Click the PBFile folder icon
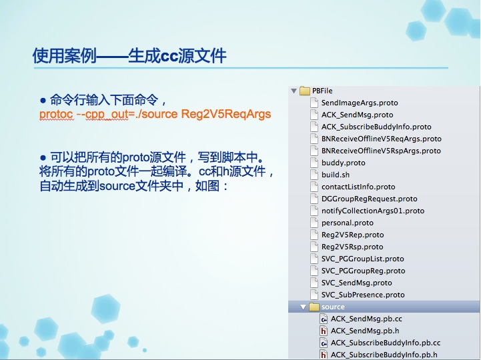[305, 91]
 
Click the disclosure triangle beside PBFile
[294, 91]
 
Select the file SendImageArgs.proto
[360, 103]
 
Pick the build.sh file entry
[336, 175]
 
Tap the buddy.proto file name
[344, 163]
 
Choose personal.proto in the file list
[348, 223]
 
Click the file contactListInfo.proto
[358, 187]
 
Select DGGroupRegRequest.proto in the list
[370, 199]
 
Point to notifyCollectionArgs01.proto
[373, 211]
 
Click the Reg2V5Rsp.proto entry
[352, 247]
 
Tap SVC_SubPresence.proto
[363, 295]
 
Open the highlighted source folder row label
[333, 307]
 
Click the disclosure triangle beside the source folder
[303, 307]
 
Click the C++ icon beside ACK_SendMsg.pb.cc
[324, 319]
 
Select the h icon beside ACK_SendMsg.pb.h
[324, 331]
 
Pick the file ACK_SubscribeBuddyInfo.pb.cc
[386, 343]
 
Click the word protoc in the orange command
[56, 115]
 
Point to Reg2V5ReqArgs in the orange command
[226, 114]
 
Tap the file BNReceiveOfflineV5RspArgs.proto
[381, 151]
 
